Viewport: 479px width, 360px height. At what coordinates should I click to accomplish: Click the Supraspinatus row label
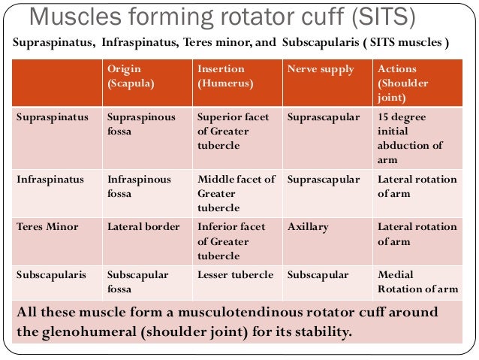[52, 117]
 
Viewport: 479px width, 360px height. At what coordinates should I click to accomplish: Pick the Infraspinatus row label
[50, 180]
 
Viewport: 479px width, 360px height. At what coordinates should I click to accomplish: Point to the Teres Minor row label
[47, 226]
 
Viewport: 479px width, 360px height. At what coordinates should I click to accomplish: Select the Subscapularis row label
[50, 274]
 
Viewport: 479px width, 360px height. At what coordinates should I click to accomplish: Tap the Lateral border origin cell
[143, 226]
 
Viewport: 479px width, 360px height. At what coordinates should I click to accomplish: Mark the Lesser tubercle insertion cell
[235, 274]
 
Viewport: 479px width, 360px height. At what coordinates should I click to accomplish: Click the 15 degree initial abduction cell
[411, 138]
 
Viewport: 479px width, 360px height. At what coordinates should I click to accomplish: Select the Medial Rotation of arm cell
[417, 282]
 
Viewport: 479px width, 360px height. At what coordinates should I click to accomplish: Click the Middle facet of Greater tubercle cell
[236, 193]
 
